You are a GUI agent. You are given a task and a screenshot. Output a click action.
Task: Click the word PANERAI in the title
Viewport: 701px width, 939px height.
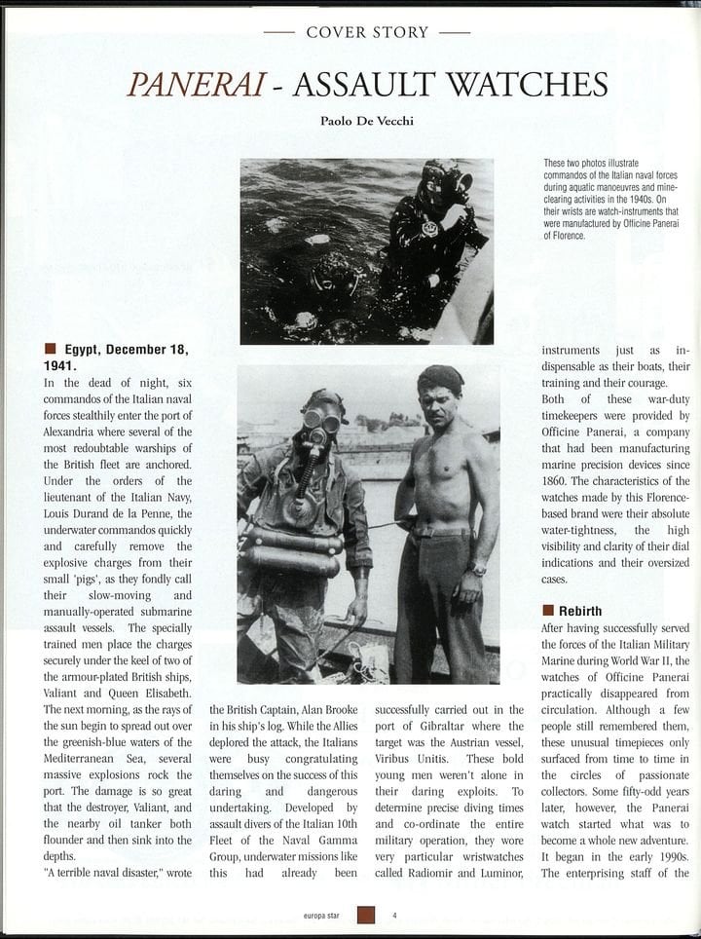pyautogui.click(x=193, y=85)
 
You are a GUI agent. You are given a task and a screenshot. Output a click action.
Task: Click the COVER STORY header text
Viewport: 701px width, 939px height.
pyautogui.click(x=367, y=32)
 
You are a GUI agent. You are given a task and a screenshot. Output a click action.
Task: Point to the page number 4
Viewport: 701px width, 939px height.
pyautogui.click(x=394, y=915)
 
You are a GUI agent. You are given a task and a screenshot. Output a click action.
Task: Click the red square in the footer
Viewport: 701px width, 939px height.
pyautogui.click(x=365, y=915)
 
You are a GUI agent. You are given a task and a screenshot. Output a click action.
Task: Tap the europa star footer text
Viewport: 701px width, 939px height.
pyautogui.click(x=322, y=916)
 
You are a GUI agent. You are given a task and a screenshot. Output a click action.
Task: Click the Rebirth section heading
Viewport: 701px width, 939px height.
pyautogui.click(x=579, y=611)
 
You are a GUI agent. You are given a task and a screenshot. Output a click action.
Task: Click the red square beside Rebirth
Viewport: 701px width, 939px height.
pyautogui.click(x=548, y=611)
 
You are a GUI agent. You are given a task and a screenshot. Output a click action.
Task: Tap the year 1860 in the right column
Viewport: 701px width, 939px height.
pyautogui.click(x=558, y=454)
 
